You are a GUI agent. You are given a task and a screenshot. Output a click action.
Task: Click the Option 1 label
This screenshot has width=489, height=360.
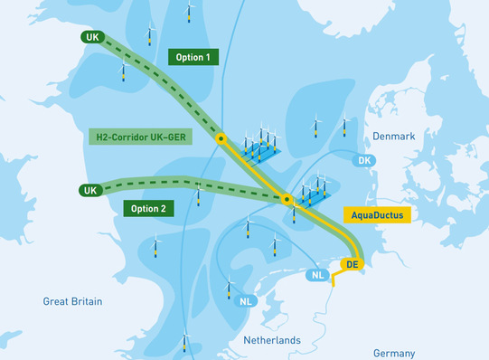[x=193, y=57]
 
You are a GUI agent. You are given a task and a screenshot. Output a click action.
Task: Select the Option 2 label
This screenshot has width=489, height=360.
[x=147, y=207]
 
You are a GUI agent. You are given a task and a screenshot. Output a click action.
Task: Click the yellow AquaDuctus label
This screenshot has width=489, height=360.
[x=378, y=216]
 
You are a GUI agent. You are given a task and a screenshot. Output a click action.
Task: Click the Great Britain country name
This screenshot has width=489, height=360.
[x=72, y=301]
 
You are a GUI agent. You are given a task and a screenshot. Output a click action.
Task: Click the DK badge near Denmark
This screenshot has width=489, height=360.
[x=364, y=161]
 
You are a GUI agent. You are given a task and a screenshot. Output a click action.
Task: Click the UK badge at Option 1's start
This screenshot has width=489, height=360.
[x=91, y=37]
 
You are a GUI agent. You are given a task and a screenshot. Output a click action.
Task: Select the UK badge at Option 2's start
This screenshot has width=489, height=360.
[x=89, y=191]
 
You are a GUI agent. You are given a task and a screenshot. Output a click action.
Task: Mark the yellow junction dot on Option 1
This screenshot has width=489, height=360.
[x=220, y=139]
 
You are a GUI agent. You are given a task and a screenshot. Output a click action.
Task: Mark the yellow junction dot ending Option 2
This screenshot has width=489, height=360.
[x=287, y=199]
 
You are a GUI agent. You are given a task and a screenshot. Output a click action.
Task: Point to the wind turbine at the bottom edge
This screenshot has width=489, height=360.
[x=184, y=343]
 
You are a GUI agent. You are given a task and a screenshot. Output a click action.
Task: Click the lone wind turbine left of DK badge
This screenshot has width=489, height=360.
[x=316, y=126]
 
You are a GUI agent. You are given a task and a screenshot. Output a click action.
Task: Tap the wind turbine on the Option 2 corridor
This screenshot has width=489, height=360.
[x=199, y=192]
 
